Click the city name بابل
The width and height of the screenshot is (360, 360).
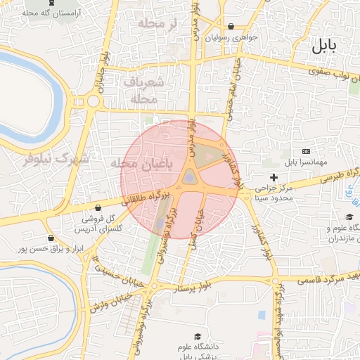[x=324, y=47]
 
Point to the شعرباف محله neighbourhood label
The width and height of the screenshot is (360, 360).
[x=148, y=91]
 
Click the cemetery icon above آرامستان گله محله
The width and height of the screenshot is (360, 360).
[x=50, y=3]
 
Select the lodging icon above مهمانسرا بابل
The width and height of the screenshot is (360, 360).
[x=306, y=151]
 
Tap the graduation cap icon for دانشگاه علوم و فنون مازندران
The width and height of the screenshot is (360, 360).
[x=349, y=217]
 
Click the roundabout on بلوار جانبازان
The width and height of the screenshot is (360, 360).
[x=93, y=101]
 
